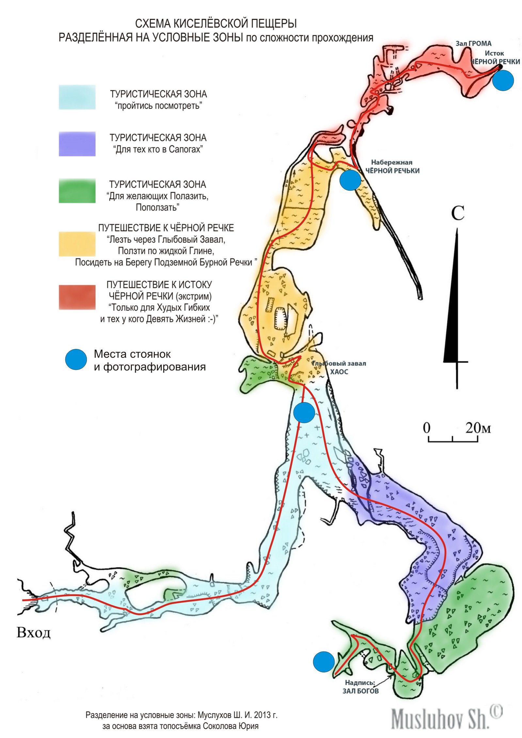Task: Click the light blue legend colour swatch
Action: point(77,97)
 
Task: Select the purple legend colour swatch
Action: point(77,144)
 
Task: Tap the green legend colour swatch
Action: point(77,191)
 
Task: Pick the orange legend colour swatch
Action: point(77,244)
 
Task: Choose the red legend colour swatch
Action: point(77,297)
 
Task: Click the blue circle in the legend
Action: point(76,359)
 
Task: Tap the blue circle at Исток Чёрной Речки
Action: point(503,80)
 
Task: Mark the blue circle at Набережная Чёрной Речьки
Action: point(350,180)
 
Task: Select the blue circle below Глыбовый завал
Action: point(304,413)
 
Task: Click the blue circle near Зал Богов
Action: point(324,662)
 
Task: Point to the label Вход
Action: point(34,633)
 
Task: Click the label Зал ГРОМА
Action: point(473,43)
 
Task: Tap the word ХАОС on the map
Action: point(339,372)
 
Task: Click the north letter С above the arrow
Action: point(458,213)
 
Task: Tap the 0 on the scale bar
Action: point(427,428)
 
